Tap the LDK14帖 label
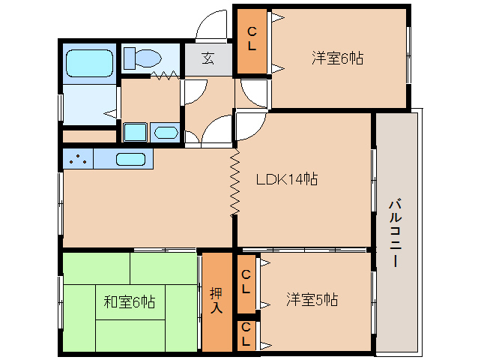287,179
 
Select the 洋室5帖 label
312,300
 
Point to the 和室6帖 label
129,302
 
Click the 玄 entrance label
208,59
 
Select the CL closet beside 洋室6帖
252,39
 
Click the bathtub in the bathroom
89,64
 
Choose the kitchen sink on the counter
131,159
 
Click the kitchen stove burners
78,158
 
